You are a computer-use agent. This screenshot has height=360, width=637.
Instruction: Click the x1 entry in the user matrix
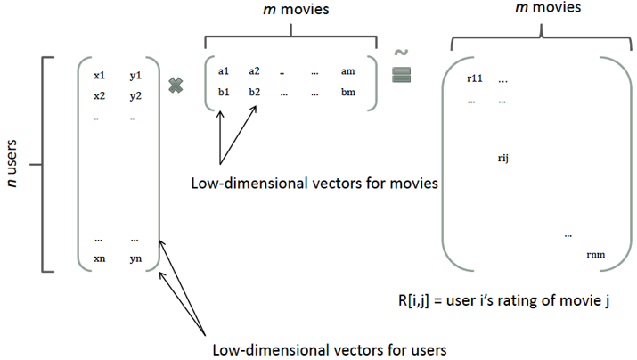100,75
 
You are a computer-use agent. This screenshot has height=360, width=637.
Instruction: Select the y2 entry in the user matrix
135,96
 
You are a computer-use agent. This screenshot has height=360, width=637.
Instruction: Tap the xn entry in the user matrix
100,258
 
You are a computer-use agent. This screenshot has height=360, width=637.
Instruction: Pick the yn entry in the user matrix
135,258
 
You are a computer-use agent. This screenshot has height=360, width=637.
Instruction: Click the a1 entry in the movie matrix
224,71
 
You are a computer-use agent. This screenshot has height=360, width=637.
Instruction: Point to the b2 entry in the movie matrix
254,93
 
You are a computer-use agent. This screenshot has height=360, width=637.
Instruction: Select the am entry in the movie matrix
347,71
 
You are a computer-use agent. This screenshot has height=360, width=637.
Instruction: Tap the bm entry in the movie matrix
348,93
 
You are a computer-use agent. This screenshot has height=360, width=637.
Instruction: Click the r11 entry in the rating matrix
475,78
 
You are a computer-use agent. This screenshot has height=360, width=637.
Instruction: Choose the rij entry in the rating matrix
503,158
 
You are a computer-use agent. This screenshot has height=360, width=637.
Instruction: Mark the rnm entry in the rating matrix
596,255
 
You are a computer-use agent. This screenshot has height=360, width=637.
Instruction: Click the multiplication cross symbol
176,86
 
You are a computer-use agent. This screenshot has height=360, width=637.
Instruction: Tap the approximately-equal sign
402,66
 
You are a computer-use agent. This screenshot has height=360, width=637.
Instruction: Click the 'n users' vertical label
12,163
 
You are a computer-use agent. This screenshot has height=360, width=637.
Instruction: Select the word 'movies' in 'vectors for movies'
413,184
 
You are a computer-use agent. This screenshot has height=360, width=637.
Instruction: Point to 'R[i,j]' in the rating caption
413,300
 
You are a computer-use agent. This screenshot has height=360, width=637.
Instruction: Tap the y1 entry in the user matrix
135,76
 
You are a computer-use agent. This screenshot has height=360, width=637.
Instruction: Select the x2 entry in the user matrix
100,96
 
